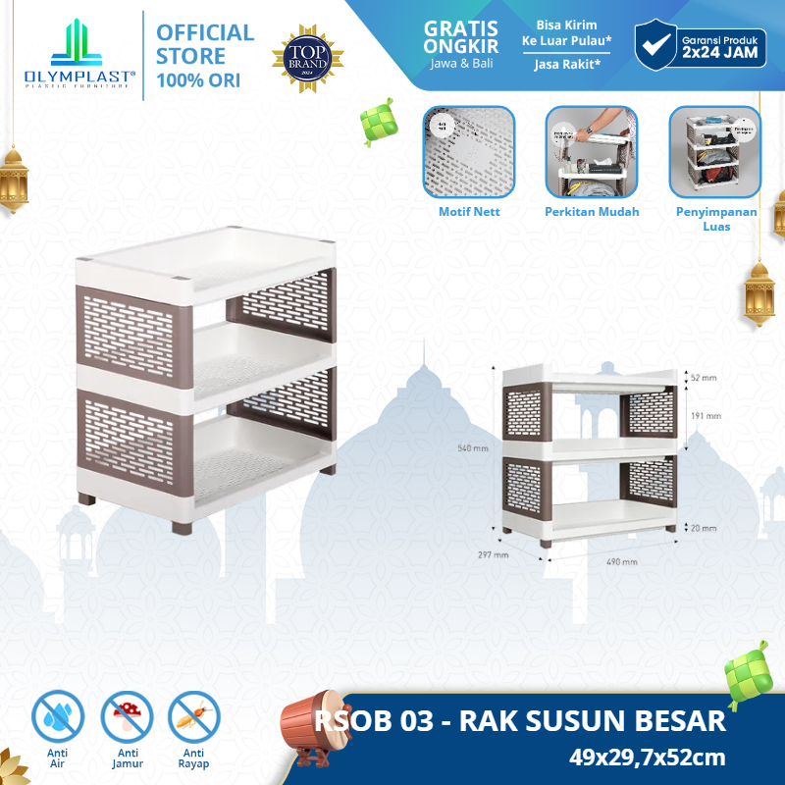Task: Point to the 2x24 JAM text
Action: (722, 55)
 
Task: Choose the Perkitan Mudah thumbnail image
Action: (585, 152)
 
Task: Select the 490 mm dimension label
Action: (622, 562)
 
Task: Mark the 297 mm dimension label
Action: (495, 554)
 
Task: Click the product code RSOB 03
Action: (378, 722)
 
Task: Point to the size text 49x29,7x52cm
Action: (647, 757)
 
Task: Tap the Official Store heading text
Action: (205, 43)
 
